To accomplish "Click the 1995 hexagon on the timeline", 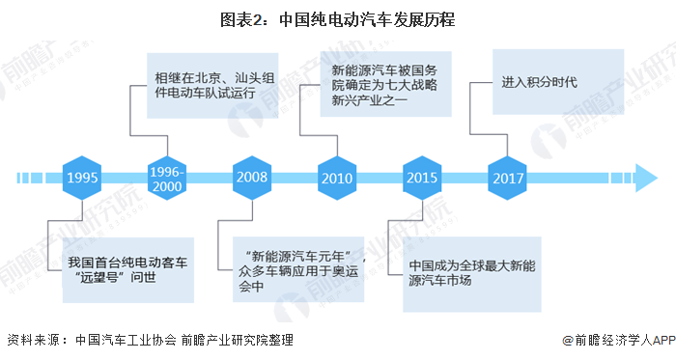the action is (x=83, y=178).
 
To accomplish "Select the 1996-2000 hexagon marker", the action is (x=168, y=178).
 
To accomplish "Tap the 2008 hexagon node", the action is (x=253, y=178).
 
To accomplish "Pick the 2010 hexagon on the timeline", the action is (x=337, y=178).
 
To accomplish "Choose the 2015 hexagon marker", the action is (x=422, y=178).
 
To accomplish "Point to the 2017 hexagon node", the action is (x=507, y=178).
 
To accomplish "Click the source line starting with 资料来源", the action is (x=150, y=341).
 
